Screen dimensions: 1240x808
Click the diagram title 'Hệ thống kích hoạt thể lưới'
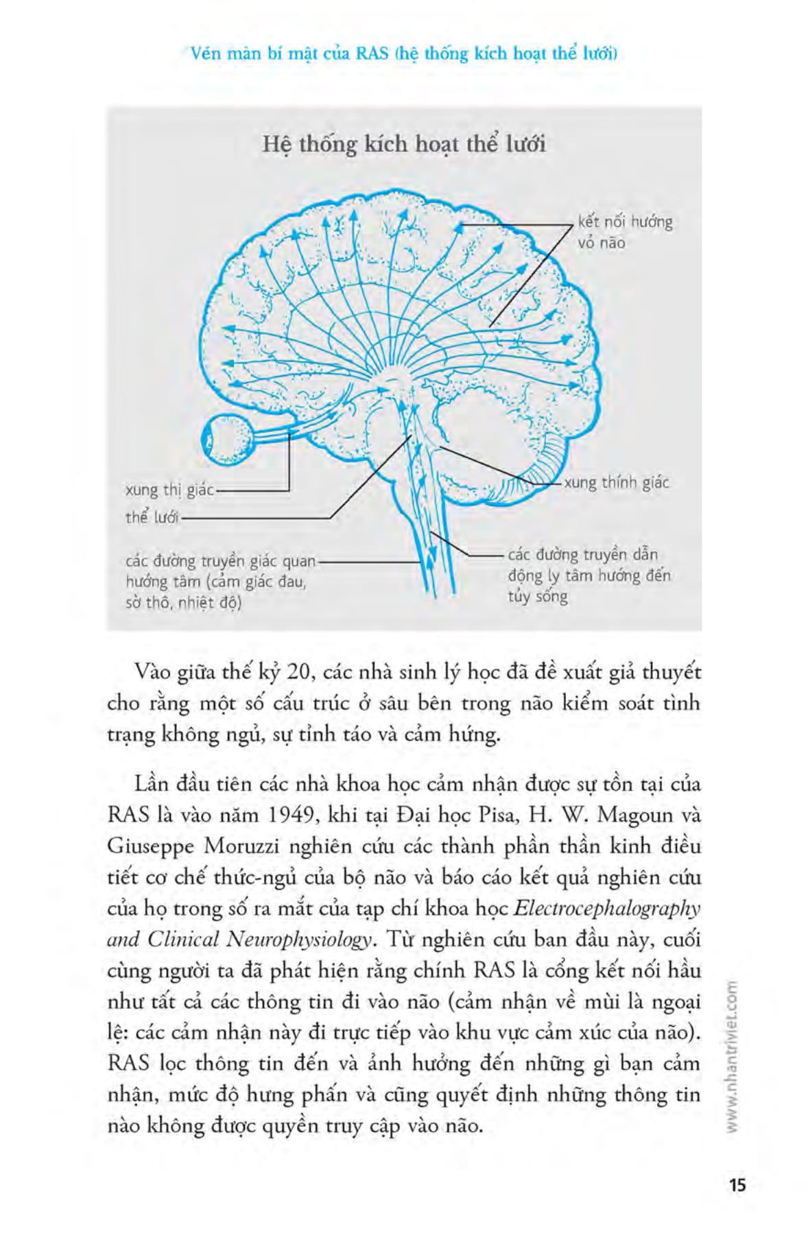(404, 145)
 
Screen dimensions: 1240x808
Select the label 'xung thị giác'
(170, 490)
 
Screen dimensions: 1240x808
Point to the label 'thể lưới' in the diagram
(152, 518)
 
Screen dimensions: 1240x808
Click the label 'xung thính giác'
(616, 483)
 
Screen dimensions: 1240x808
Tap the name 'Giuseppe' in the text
(150, 847)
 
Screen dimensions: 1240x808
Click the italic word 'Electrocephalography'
(606, 909)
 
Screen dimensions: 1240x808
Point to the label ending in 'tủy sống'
(589, 575)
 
